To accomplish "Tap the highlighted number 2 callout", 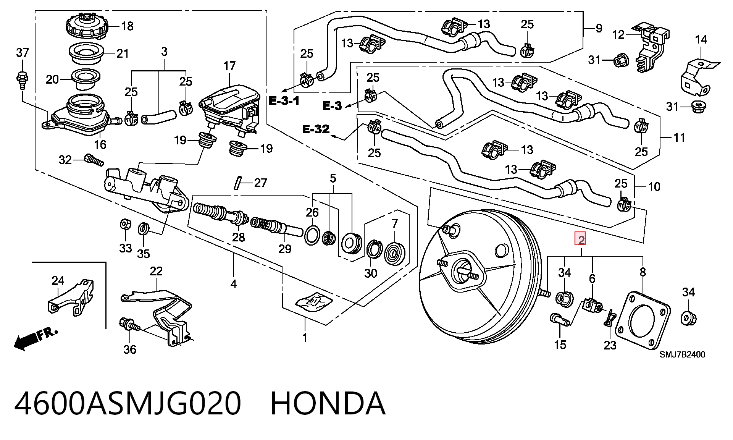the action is tap(581, 239).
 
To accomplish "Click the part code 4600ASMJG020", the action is tap(128, 404).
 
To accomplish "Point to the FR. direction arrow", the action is tap(36, 338).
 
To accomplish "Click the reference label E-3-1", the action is tap(284, 101).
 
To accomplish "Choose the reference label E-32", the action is tap(316, 129).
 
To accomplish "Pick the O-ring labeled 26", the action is tap(312, 236).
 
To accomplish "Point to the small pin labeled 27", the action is tap(237, 182).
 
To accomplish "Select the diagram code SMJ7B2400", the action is tap(682, 354).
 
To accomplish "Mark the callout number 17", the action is tap(229, 66).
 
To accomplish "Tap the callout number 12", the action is tap(618, 35).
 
